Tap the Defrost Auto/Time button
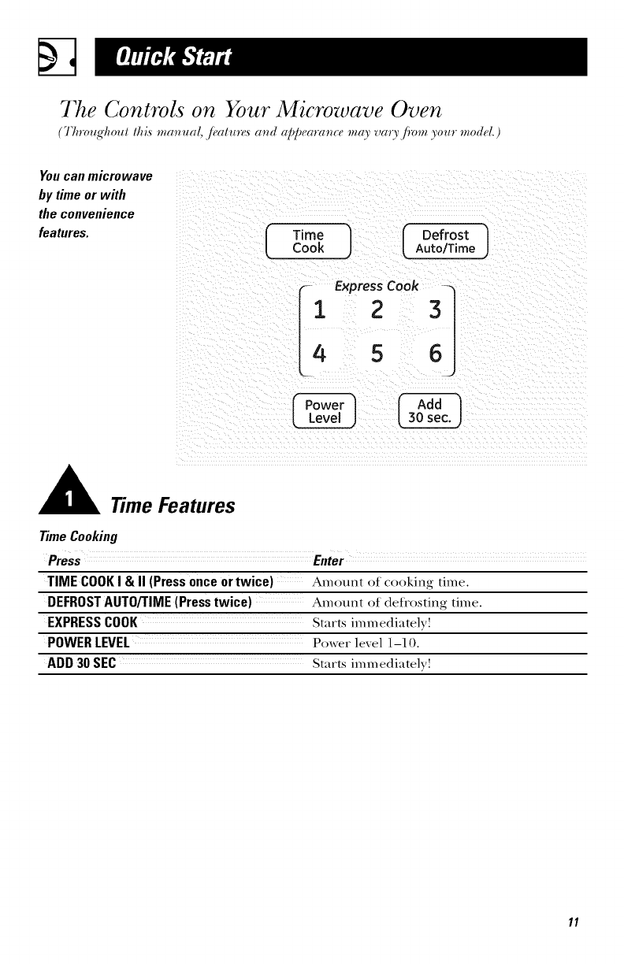pyautogui.click(x=445, y=241)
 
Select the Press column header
pyautogui.click(x=64, y=561)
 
